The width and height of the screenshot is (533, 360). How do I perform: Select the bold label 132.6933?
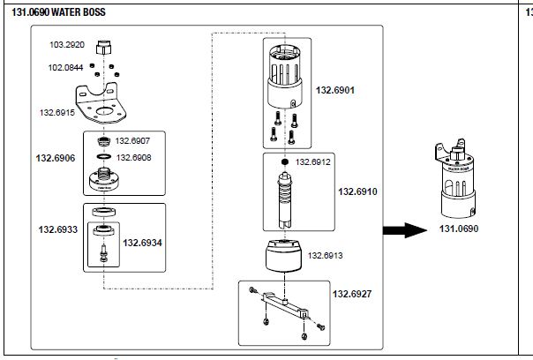(56, 230)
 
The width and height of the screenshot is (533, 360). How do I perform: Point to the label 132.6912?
(312, 162)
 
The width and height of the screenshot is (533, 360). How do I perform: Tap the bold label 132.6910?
(357, 191)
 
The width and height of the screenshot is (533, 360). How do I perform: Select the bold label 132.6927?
(351, 292)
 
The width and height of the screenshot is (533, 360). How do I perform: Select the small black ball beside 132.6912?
(285, 163)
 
